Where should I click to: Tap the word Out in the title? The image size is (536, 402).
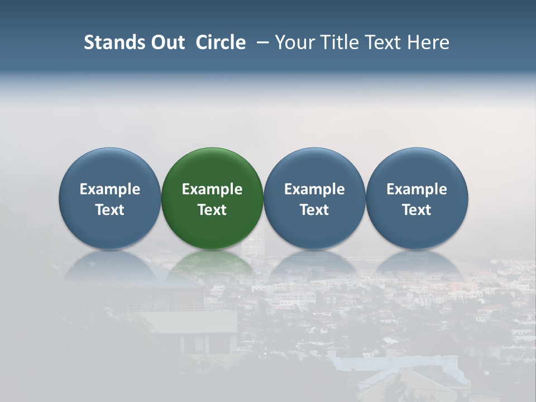pos(166,42)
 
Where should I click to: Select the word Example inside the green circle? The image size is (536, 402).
pos(212,189)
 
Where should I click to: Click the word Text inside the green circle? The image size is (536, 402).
pos(212,210)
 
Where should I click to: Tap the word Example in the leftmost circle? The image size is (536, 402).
pos(110,189)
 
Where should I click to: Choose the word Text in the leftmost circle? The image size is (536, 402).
pos(110,210)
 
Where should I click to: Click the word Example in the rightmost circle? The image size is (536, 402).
pos(417,189)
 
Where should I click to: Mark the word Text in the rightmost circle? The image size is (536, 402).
pos(417,210)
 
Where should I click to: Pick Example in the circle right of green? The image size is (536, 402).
pos(314,189)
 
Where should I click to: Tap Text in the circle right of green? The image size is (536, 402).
pos(314,210)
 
